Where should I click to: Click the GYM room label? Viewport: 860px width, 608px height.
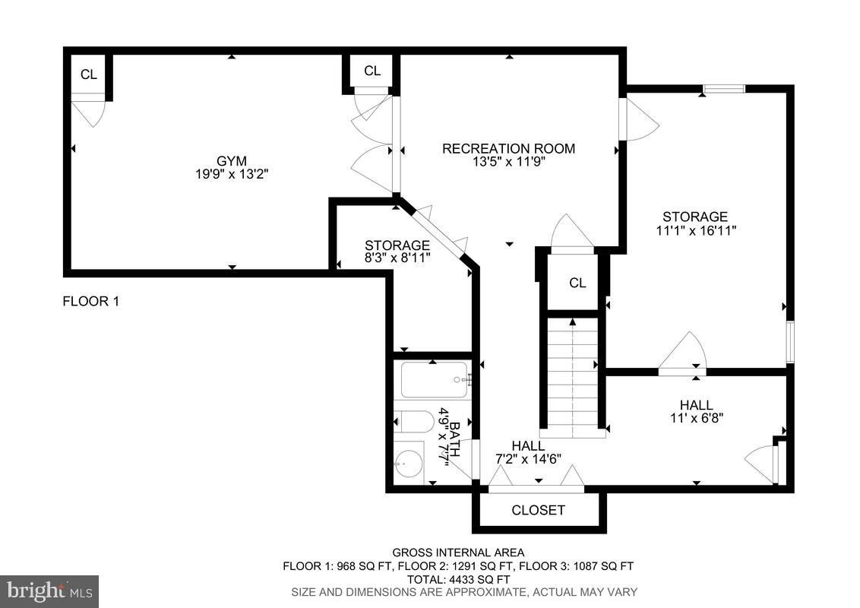pyautogui.click(x=232, y=160)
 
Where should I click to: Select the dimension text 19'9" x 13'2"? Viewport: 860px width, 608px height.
pyautogui.click(x=232, y=174)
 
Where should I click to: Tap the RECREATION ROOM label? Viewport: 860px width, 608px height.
pyautogui.click(x=508, y=148)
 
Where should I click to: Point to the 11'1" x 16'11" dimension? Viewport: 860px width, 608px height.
pyautogui.click(x=695, y=230)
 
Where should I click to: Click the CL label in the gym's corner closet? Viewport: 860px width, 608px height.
pyautogui.click(x=89, y=74)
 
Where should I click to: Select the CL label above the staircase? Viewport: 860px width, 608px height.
pyautogui.click(x=577, y=283)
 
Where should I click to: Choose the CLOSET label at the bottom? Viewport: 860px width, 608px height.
pyautogui.click(x=538, y=510)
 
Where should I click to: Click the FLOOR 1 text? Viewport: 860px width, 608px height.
pyautogui.click(x=90, y=302)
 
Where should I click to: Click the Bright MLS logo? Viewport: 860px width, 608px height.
pyautogui.click(x=49, y=591)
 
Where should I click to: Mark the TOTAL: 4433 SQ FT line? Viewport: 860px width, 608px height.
pyautogui.click(x=457, y=578)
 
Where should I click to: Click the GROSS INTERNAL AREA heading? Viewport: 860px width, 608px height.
pyautogui.click(x=457, y=553)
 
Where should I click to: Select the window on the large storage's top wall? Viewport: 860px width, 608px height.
pyautogui.click(x=723, y=89)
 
